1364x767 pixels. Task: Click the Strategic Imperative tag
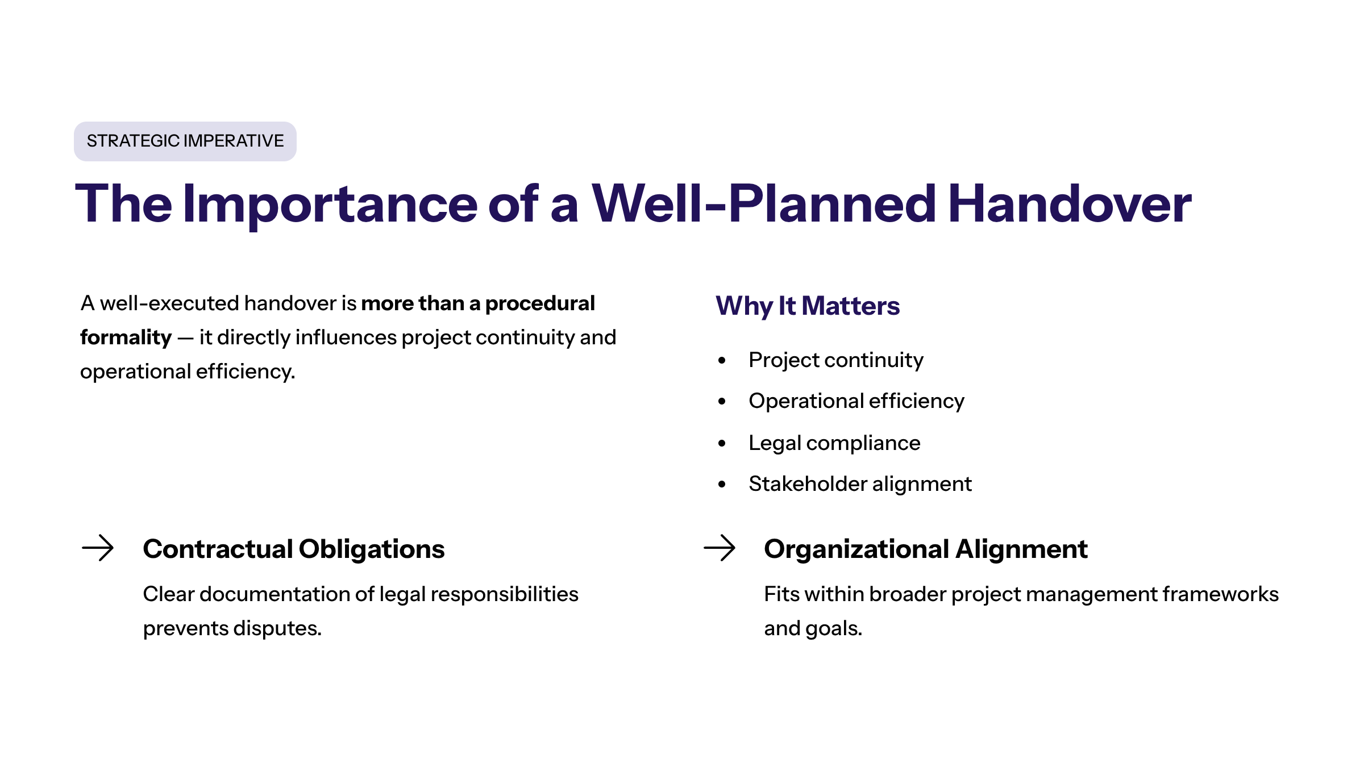click(185, 141)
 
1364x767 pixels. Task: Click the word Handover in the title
click(1070, 203)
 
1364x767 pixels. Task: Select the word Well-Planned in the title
click(764, 203)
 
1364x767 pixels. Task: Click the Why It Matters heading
click(808, 306)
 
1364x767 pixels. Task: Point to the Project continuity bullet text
click(836, 360)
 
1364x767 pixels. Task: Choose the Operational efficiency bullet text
click(856, 401)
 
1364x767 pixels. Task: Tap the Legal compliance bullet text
click(834, 443)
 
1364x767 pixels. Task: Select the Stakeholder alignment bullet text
click(860, 484)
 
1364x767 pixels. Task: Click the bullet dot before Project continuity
click(722, 360)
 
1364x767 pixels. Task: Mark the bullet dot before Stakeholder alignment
click(722, 484)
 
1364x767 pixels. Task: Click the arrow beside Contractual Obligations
click(98, 548)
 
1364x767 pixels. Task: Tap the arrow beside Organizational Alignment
click(720, 548)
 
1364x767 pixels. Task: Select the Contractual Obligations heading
click(294, 549)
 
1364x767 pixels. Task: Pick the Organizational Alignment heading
click(926, 549)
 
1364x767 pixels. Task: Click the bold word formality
click(126, 337)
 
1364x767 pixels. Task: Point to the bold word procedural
click(540, 303)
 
